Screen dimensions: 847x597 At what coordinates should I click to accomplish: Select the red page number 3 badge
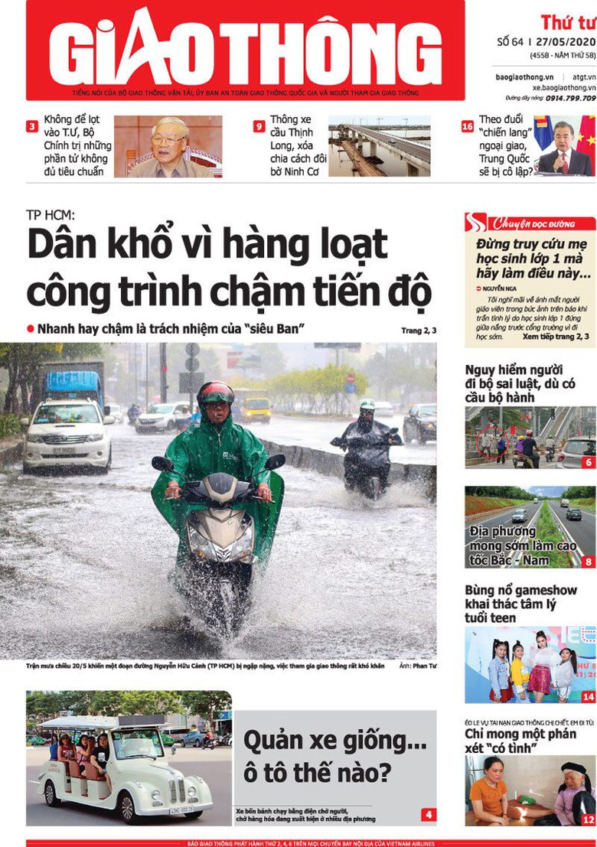pos(32,126)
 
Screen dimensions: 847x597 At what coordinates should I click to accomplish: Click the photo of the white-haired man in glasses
pos(168,146)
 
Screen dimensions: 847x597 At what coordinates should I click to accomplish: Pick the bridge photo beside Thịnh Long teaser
pos(379,146)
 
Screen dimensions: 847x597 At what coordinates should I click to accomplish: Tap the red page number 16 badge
pos(467,126)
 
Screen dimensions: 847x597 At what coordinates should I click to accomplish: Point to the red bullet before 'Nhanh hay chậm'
pos(31,328)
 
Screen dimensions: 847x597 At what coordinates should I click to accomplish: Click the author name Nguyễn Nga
pos(499,288)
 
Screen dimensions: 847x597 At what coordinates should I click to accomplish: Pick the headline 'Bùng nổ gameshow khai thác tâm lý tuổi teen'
pos(520,603)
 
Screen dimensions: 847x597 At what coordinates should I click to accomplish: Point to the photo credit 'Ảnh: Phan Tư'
pos(417,666)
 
